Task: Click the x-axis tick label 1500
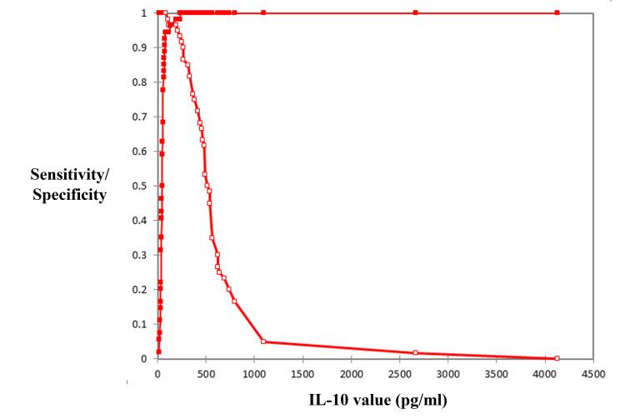tap(302, 375)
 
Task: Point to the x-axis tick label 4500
tap(593, 375)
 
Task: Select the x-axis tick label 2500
tap(399, 375)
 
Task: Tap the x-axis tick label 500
tap(206, 375)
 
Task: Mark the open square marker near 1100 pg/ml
tap(263, 342)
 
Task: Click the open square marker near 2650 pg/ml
tap(415, 352)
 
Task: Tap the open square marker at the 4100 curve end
tap(557, 358)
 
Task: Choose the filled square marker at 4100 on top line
tap(557, 12)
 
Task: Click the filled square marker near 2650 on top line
tap(415, 12)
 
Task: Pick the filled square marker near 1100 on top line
tap(263, 12)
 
